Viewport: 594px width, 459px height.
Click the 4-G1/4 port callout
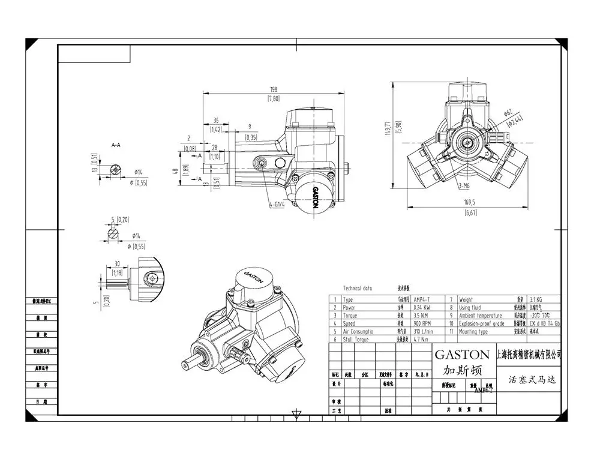tap(277, 204)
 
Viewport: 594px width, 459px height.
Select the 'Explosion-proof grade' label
tap(481, 323)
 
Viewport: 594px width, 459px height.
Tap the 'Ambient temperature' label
tap(480, 315)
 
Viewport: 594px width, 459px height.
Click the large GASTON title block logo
tap(462, 355)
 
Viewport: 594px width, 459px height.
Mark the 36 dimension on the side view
tap(216, 119)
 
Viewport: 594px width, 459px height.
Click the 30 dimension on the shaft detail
tap(117, 263)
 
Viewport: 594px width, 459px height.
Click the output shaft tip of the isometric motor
tap(187, 365)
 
